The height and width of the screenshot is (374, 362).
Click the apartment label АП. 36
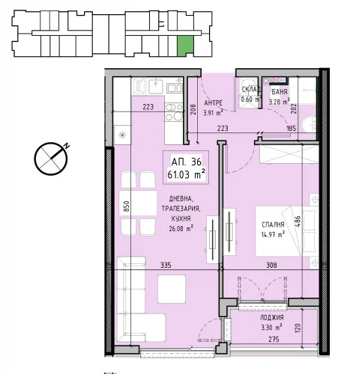pos(186,162)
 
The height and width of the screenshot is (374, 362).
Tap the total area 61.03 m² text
pos(186,174)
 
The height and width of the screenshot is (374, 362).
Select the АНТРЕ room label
pos(214,102)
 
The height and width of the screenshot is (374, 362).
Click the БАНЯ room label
pos(280,92)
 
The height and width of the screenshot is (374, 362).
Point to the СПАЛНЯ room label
pos(273,224)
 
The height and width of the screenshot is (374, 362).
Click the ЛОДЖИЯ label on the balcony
pos(272,317)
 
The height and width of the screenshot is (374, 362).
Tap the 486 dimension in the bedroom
pos(298,221)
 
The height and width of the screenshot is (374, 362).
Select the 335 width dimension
pos(166,265)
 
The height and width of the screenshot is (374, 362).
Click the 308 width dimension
pos(271,265)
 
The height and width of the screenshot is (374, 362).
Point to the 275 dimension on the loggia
pos(274,340)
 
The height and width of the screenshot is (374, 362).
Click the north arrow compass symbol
pos(51,159)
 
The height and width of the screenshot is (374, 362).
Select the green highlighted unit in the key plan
pos(185,45)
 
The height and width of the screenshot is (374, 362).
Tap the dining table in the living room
pos(138,203)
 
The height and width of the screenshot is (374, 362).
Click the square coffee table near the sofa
pos(172,289)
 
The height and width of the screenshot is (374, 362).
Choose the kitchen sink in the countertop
pos(156,86)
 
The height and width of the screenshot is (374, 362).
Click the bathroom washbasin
pos(309,126)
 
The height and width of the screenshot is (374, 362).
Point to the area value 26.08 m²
pos(181,228)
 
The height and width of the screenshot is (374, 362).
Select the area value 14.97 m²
pos(273,234)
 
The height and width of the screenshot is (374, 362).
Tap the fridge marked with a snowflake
pos(122,135)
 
